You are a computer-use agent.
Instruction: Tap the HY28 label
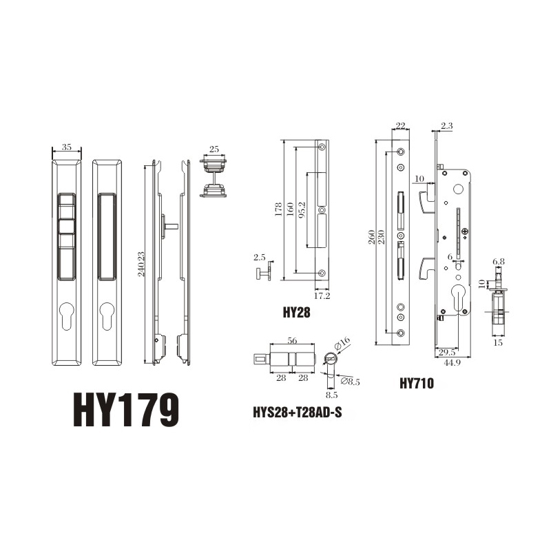tap(297, 312)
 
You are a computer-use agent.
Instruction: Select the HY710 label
tap(416, 384)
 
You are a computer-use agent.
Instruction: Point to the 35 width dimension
tap(67, 147)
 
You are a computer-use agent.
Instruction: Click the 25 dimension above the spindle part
tap(214, 149)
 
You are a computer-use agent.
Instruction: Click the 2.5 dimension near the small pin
tap(259, 258)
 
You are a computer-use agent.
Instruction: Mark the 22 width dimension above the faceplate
tap(401, 125)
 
